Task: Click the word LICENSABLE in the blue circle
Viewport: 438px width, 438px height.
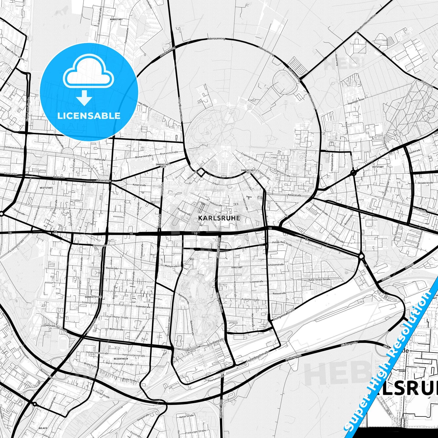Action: (x=89, y=115)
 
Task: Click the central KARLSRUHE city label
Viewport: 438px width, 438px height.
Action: (x=219, y=218)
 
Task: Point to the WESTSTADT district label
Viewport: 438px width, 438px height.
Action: (x=46, y=188)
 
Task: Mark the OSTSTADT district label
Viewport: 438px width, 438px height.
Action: (x=378, y=167)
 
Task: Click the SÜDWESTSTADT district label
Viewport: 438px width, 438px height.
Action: (x=93, y=297)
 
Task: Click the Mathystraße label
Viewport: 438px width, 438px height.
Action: (x=171, y=266)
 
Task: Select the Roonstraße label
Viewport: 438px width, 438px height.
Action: (x=112, y=268)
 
